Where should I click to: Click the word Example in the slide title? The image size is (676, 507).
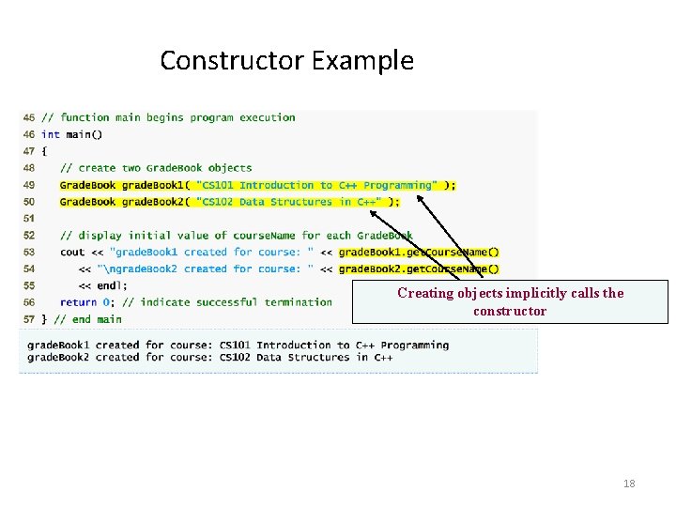(362, 61)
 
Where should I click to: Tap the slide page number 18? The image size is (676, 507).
(629, 484)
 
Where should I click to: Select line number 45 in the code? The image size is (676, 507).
(28, 117)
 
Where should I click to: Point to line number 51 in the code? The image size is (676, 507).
(28, 218)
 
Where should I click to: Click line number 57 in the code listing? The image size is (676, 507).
(28, 319)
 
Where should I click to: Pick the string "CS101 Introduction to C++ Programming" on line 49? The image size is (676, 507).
(315, 185)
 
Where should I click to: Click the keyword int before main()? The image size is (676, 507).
(50, 134)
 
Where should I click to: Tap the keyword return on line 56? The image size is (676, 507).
(78, 302)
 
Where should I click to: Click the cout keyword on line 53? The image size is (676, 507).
(71, 252)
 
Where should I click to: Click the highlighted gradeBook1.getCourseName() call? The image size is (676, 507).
(419, 252)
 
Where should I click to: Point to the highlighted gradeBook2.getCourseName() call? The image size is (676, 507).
(419, 269)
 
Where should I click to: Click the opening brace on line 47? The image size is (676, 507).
(44, 151)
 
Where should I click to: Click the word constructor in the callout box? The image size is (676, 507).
(509, 311)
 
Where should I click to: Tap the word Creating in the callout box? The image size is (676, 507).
(424, 293)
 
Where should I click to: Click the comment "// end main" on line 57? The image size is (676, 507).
(87, 319)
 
